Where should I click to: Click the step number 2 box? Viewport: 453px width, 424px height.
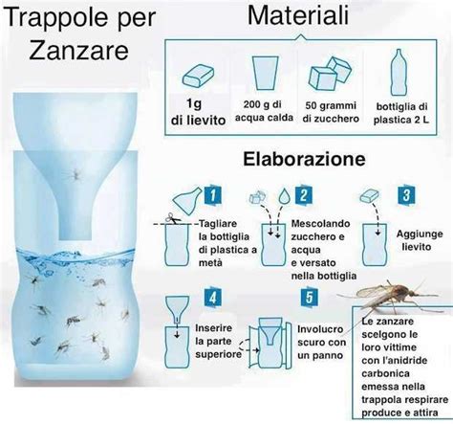click(305, 195)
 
